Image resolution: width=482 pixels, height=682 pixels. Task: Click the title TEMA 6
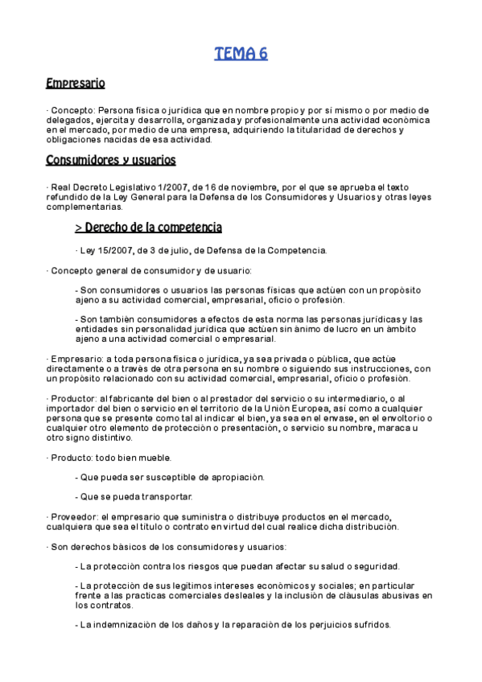(x=241, y=54)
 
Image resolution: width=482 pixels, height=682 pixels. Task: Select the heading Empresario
(x=76, y=83)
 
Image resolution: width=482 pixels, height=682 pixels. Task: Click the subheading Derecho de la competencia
(x=148, y=228)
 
